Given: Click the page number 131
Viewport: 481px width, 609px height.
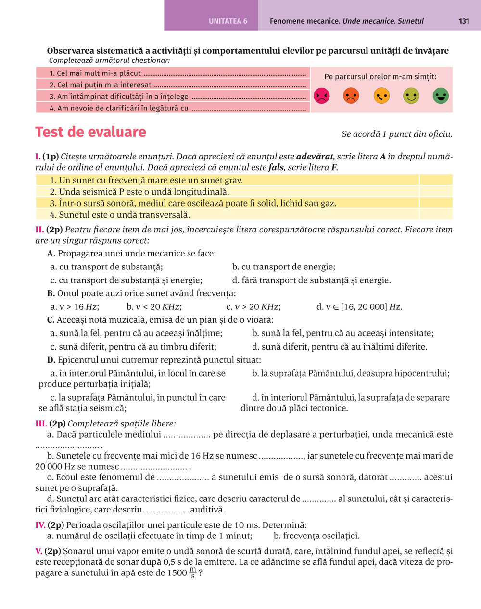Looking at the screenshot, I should (464, 21).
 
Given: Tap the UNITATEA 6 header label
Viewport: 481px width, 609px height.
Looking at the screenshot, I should (228, 21).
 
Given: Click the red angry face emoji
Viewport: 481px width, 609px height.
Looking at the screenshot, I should (321, 96).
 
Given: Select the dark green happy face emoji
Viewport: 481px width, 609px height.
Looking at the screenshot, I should (441, 96).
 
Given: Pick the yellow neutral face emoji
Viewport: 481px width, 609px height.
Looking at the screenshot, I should (381, 96).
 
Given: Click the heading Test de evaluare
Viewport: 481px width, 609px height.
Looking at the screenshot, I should (90, 132).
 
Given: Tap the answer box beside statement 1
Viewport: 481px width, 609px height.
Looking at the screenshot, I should (436, 181).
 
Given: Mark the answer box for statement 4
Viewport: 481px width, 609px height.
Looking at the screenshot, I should (436, 215).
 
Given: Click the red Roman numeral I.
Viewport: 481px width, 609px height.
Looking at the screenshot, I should (38, 157).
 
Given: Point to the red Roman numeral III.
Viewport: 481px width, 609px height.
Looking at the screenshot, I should (41, 424).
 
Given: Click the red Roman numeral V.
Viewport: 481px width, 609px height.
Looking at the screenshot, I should (38, 551).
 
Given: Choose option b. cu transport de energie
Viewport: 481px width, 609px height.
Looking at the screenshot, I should (283, 267).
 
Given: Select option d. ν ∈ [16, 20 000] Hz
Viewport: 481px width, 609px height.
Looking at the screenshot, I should (359, 307).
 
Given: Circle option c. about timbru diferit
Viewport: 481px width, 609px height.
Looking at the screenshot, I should (133, 347).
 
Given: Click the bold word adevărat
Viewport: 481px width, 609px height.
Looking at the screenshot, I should (315, 157).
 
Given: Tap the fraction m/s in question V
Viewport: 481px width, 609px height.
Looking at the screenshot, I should (192, 572).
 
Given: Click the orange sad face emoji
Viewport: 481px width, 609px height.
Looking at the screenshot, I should (351, 96).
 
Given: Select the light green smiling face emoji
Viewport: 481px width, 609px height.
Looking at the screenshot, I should (411, 96).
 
